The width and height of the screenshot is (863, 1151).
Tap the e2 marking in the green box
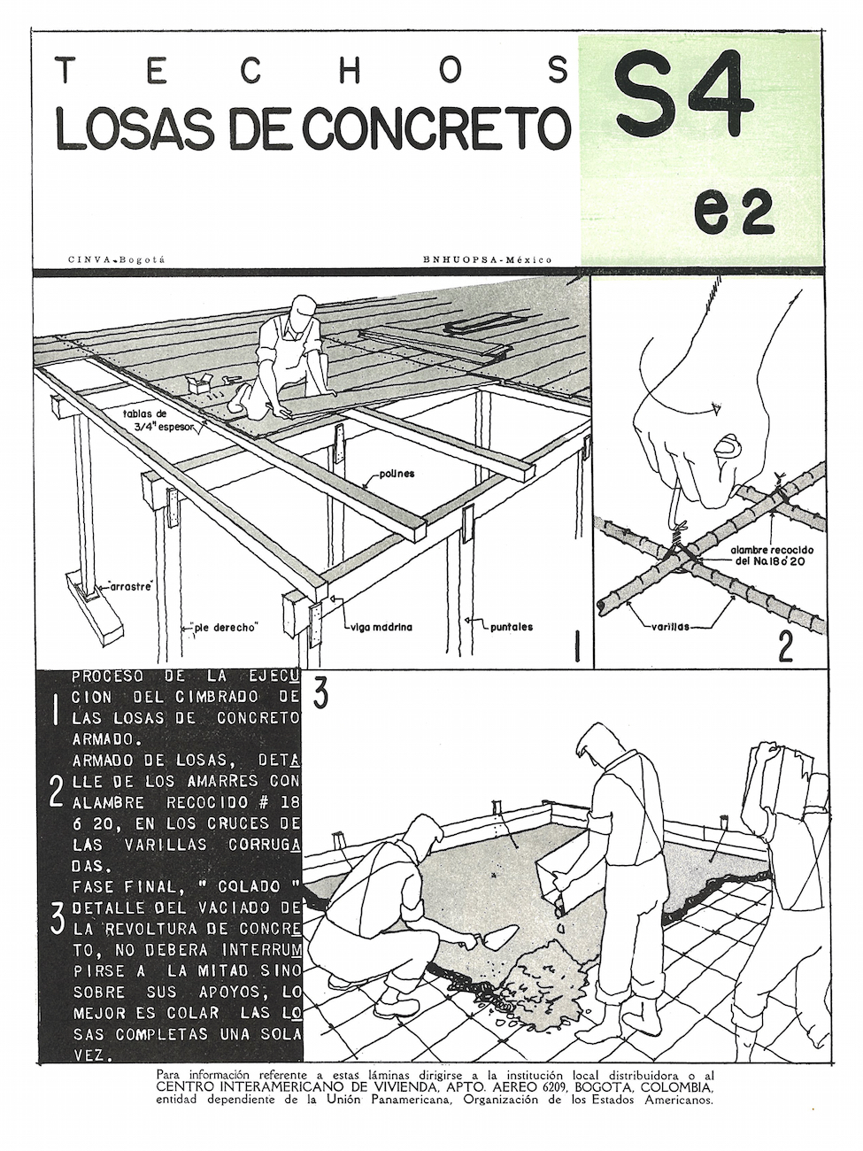(734, 212)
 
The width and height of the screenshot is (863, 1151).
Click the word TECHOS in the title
(312, 71)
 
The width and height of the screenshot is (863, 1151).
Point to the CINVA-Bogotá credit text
(116, 259)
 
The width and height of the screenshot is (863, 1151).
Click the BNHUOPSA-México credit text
(488, 259)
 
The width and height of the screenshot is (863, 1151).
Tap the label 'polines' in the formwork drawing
(397, 474)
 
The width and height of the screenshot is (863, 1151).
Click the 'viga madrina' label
(380, 627)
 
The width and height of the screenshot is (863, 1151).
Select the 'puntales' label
(512, 627)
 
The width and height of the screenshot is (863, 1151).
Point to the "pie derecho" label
(226, 627)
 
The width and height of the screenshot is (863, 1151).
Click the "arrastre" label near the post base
(130, 586)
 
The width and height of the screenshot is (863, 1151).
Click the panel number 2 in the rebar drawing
(784, 647)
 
